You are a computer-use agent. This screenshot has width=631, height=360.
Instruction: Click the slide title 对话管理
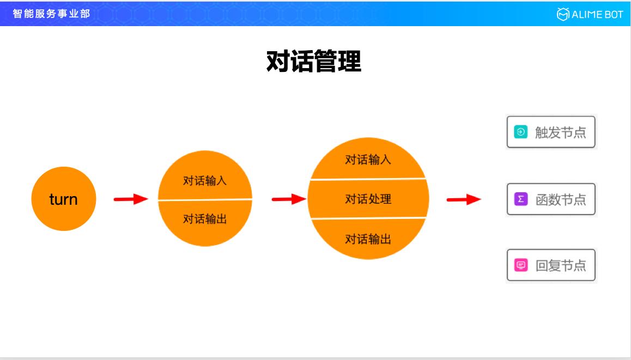[x=313, y=62]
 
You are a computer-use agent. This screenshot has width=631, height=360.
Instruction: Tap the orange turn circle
[x=63, y=199]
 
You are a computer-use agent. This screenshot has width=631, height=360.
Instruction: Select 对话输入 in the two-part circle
[x=205, y=181]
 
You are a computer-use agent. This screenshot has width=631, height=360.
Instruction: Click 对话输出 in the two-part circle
[x=205, y=219]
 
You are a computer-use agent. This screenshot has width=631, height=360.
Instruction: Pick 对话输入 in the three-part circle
[x=368, y=160]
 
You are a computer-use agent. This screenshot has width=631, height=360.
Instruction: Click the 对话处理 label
[x=368, y=199]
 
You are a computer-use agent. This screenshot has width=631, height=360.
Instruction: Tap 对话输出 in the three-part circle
[x=368, y=239]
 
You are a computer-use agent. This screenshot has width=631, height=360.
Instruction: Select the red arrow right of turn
[x=131, y=199]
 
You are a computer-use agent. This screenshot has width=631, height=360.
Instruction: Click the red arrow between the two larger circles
[x=289, y=199]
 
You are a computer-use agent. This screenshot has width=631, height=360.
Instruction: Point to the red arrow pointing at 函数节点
[x=464, y=200]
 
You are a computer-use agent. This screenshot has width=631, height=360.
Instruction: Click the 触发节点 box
[x=551, y=132]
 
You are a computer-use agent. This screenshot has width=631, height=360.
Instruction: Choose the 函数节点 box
[x=551, y=199]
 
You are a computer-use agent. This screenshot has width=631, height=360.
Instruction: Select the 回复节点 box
[x=551, y=265]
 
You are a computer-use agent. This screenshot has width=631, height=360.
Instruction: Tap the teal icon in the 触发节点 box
[x=521, y=132]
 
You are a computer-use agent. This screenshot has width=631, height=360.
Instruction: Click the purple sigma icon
[x=521, y=199]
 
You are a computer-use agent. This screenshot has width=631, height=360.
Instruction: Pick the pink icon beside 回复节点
[x=521, y=265]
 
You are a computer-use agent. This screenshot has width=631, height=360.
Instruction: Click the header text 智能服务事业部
[x=51, y=14]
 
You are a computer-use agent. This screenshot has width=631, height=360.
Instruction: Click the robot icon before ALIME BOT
[x=563, y=14]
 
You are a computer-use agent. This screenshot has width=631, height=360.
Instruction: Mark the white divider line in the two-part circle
[x=205, y=200]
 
